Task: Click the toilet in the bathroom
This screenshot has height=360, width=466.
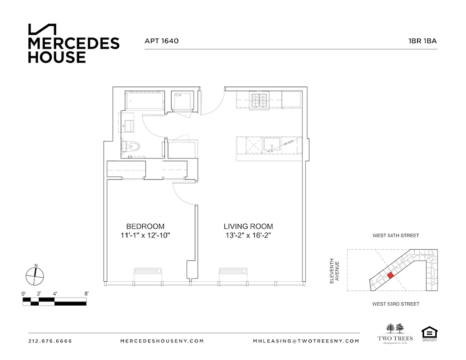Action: [x=132, y=146]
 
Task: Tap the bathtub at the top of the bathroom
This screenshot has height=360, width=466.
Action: [x=144, y=101]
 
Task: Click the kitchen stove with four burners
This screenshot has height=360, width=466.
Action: [x=259, y=101]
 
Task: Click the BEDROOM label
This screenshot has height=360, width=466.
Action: [x=145, y=226]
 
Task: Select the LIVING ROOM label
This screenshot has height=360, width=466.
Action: [x=248, y=226]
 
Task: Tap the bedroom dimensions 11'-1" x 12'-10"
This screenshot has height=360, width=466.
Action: [x=145, y=235]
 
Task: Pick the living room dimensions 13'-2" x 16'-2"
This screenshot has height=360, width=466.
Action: [x=248, y=235]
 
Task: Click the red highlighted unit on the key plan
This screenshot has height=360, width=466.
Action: [x=390, y=274]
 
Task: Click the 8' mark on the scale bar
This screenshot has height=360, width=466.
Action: [x=86, y=293]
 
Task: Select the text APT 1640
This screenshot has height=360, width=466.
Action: [x=162, y=41]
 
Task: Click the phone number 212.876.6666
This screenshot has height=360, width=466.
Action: [x=50, y=341]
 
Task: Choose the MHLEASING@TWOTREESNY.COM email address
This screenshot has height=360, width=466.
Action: [x=306, y=341]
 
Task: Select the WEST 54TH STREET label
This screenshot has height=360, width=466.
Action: [x=396, y=235]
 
